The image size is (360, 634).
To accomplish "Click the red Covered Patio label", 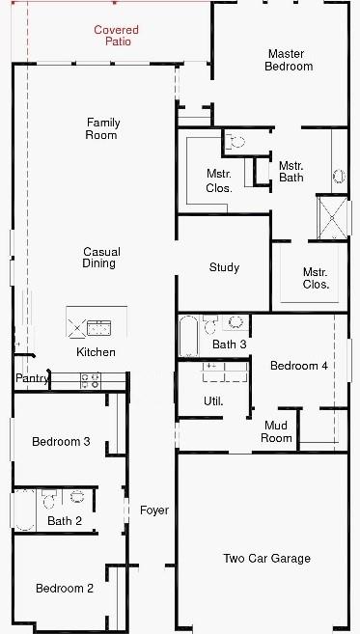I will pyautogui.click(x=116, y=37).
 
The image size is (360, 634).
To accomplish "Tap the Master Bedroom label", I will pyautogui.click(x=290, y=60).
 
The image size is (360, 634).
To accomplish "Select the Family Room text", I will pyautogui.click(x=101, y=128).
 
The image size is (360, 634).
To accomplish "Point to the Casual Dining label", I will pyautogui.click(x=100, y=258).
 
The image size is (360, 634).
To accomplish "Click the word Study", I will pyautogui.click(x=224, y=267).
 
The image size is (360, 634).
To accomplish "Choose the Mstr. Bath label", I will pyautogui.click(x=291, y=171).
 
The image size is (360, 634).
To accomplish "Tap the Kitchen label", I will pyautogui.click(x=96, y=352).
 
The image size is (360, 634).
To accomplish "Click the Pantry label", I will pyautogui.click(x=32, y=379).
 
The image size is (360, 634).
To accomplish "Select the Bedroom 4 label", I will pyautogui.click(x=298, y=366).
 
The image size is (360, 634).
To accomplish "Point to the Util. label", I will pyautogui.click(x=213, y=400).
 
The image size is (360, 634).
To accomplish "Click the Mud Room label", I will pyautogui.click(x=276, y=431).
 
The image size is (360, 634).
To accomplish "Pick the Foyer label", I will pyautogui.click(x=153, y=510).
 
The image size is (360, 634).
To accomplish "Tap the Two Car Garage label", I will pyautogui.click(x=266, y=558).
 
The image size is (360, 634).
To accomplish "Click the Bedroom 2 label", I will pyautogui.click(x=65, y=589).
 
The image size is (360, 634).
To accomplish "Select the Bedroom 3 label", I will pyautogui.click(x=61, y=442).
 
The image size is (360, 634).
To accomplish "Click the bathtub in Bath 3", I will pyautogui.click(x=188, y=337).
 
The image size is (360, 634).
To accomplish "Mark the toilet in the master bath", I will pyautogui.click(x=237, y=141).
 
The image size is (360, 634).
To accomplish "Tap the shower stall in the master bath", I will pyautogui.click(x=333, y=217).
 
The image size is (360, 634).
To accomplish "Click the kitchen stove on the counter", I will pyautogui.click(x=90, y=379).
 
